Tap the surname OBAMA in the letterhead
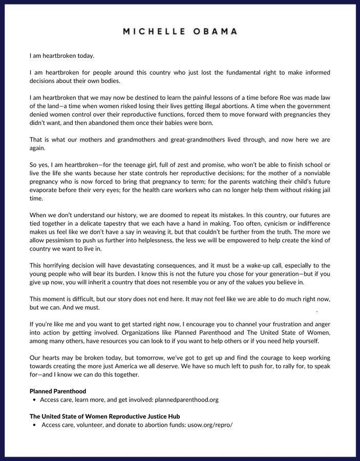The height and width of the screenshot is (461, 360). [x=214, y=31]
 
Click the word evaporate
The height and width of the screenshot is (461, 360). [x=44, y=190]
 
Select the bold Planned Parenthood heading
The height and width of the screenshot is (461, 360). [x=58, y=391]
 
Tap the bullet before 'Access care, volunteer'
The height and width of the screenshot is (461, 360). [x=34, y=425]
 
